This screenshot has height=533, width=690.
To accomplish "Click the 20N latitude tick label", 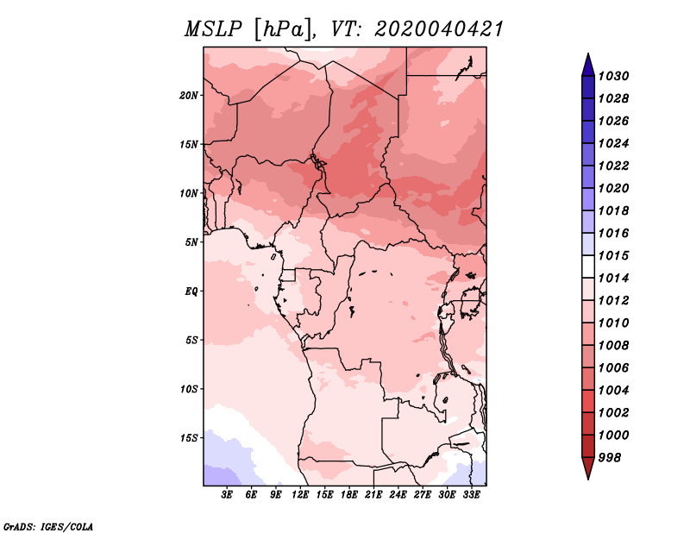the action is tap(189, 95).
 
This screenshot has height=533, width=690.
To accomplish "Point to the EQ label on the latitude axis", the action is tap(191, 291).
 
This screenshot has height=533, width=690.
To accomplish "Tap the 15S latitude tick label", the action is tap(189, 438).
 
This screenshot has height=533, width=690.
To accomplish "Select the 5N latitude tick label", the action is tap(191, 242).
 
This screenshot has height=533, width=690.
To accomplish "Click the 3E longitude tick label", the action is tap(227, 495).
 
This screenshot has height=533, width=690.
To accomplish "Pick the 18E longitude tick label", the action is tap(349, 495).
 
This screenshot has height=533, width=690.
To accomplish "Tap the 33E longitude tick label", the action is tap(471, 495).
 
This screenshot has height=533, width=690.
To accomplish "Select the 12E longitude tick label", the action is tap(300, 495).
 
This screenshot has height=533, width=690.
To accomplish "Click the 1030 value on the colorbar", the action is tap(614, 76).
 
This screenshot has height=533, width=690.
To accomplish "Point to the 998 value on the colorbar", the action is tap(610, 458).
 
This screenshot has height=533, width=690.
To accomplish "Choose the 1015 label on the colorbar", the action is tap(614, 255).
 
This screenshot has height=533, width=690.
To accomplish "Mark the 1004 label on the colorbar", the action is tap(614, 391).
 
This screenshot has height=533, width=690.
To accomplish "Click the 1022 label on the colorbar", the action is tap(614, 166).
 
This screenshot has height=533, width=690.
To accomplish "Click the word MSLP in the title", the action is tap(213, 29).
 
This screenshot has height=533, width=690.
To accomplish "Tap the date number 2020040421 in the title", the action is tap(439, 29).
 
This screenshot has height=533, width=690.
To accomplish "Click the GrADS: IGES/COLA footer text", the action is tap(48, 526).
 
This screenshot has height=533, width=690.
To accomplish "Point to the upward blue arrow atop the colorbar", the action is tap(588, 66).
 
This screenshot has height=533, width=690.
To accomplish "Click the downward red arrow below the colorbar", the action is tap(588, 468).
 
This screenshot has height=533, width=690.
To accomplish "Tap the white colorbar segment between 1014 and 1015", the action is tap(588, 266).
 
